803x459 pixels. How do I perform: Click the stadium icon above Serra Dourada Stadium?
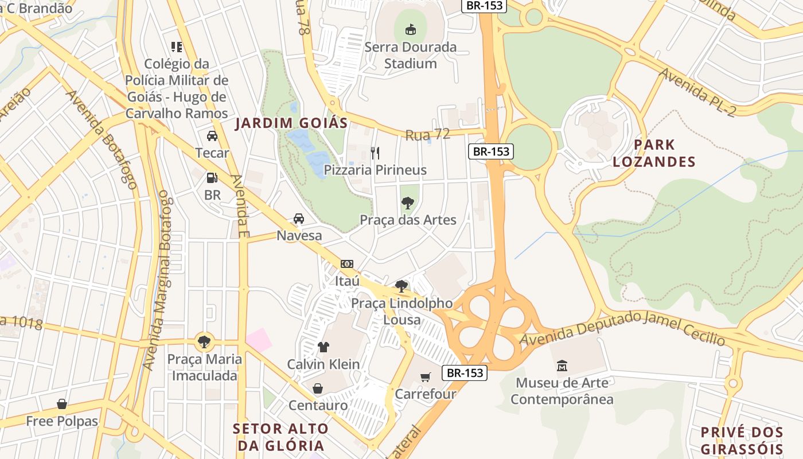[x=410, y=29]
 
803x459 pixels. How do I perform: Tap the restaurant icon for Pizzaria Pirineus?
[x=375, y=153]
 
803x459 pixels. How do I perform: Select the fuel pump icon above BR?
[x=212, y=178]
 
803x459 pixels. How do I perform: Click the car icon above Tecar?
[x=212, y=136]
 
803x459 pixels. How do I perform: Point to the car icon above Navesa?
[x=299, y=219]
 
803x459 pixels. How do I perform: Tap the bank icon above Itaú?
[x=347, y=264]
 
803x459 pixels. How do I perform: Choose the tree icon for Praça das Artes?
[x=408, y=203]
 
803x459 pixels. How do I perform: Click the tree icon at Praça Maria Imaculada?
[x=204, y=342]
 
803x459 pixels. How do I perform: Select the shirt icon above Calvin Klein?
[x=323, y=347]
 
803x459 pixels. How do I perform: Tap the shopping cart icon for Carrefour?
[x=425, y=377]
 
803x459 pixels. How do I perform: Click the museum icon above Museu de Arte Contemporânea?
[x=562, y=365]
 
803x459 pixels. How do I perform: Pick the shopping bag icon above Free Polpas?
[x=62, y=404]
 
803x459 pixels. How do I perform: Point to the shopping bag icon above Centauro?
[x=318, y=388]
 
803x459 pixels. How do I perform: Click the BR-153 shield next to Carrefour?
[x=465, y=373]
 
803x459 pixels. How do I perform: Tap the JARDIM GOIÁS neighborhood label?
[x=292, y=123]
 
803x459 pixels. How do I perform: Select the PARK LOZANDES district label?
[x=654, y=153]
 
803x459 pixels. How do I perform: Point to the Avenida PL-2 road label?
[x=696, y=92]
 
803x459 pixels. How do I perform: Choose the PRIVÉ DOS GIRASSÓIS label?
[x=742, y=441]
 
